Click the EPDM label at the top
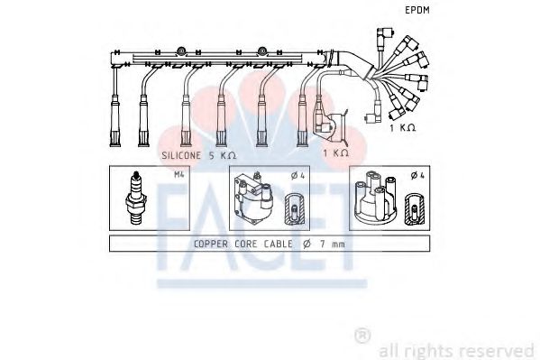(x=417, y=10)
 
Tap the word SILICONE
(x=181, y=155)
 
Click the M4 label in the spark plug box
(x=179, y=174)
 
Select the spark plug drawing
(x=136, y=198)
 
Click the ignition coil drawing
(x=252, y=198)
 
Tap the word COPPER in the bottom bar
(x=211, y=244)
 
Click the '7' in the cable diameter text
(x=323, y=244)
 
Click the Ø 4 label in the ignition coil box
(x=297, y=176)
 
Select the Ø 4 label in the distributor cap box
(x=417, y=176)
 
